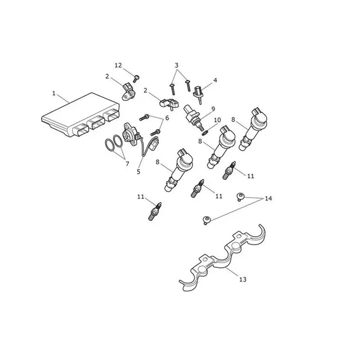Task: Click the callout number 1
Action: pos(54,93)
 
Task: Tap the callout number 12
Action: pos(118,65)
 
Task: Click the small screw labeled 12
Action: pos(136,78)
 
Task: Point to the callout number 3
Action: pos(176,65)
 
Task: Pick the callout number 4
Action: pos(215,80)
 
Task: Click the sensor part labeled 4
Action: pos(198,94)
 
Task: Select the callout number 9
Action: pos(213,109)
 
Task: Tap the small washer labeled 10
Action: pos(205,132)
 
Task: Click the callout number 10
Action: pos(217,120)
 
